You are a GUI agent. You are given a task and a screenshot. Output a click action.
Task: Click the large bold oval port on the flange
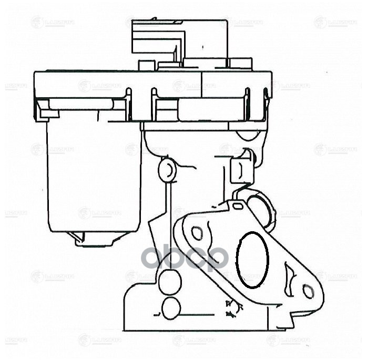tap(252, 260)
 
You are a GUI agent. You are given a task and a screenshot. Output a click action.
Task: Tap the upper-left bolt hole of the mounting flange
tap(197, 232)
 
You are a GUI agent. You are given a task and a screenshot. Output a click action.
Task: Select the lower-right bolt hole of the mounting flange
tap(308, 291)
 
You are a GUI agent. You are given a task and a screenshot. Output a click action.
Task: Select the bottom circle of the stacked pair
tap(171, 308)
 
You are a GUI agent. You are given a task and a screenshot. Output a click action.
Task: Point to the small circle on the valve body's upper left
tap(167, 169)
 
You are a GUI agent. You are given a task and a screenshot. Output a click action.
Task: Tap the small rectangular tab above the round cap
tap(239, 170)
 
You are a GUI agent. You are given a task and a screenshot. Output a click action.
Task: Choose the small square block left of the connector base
tap(147, 65)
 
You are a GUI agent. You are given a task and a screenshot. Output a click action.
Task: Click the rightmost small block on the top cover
tap(241, 64)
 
